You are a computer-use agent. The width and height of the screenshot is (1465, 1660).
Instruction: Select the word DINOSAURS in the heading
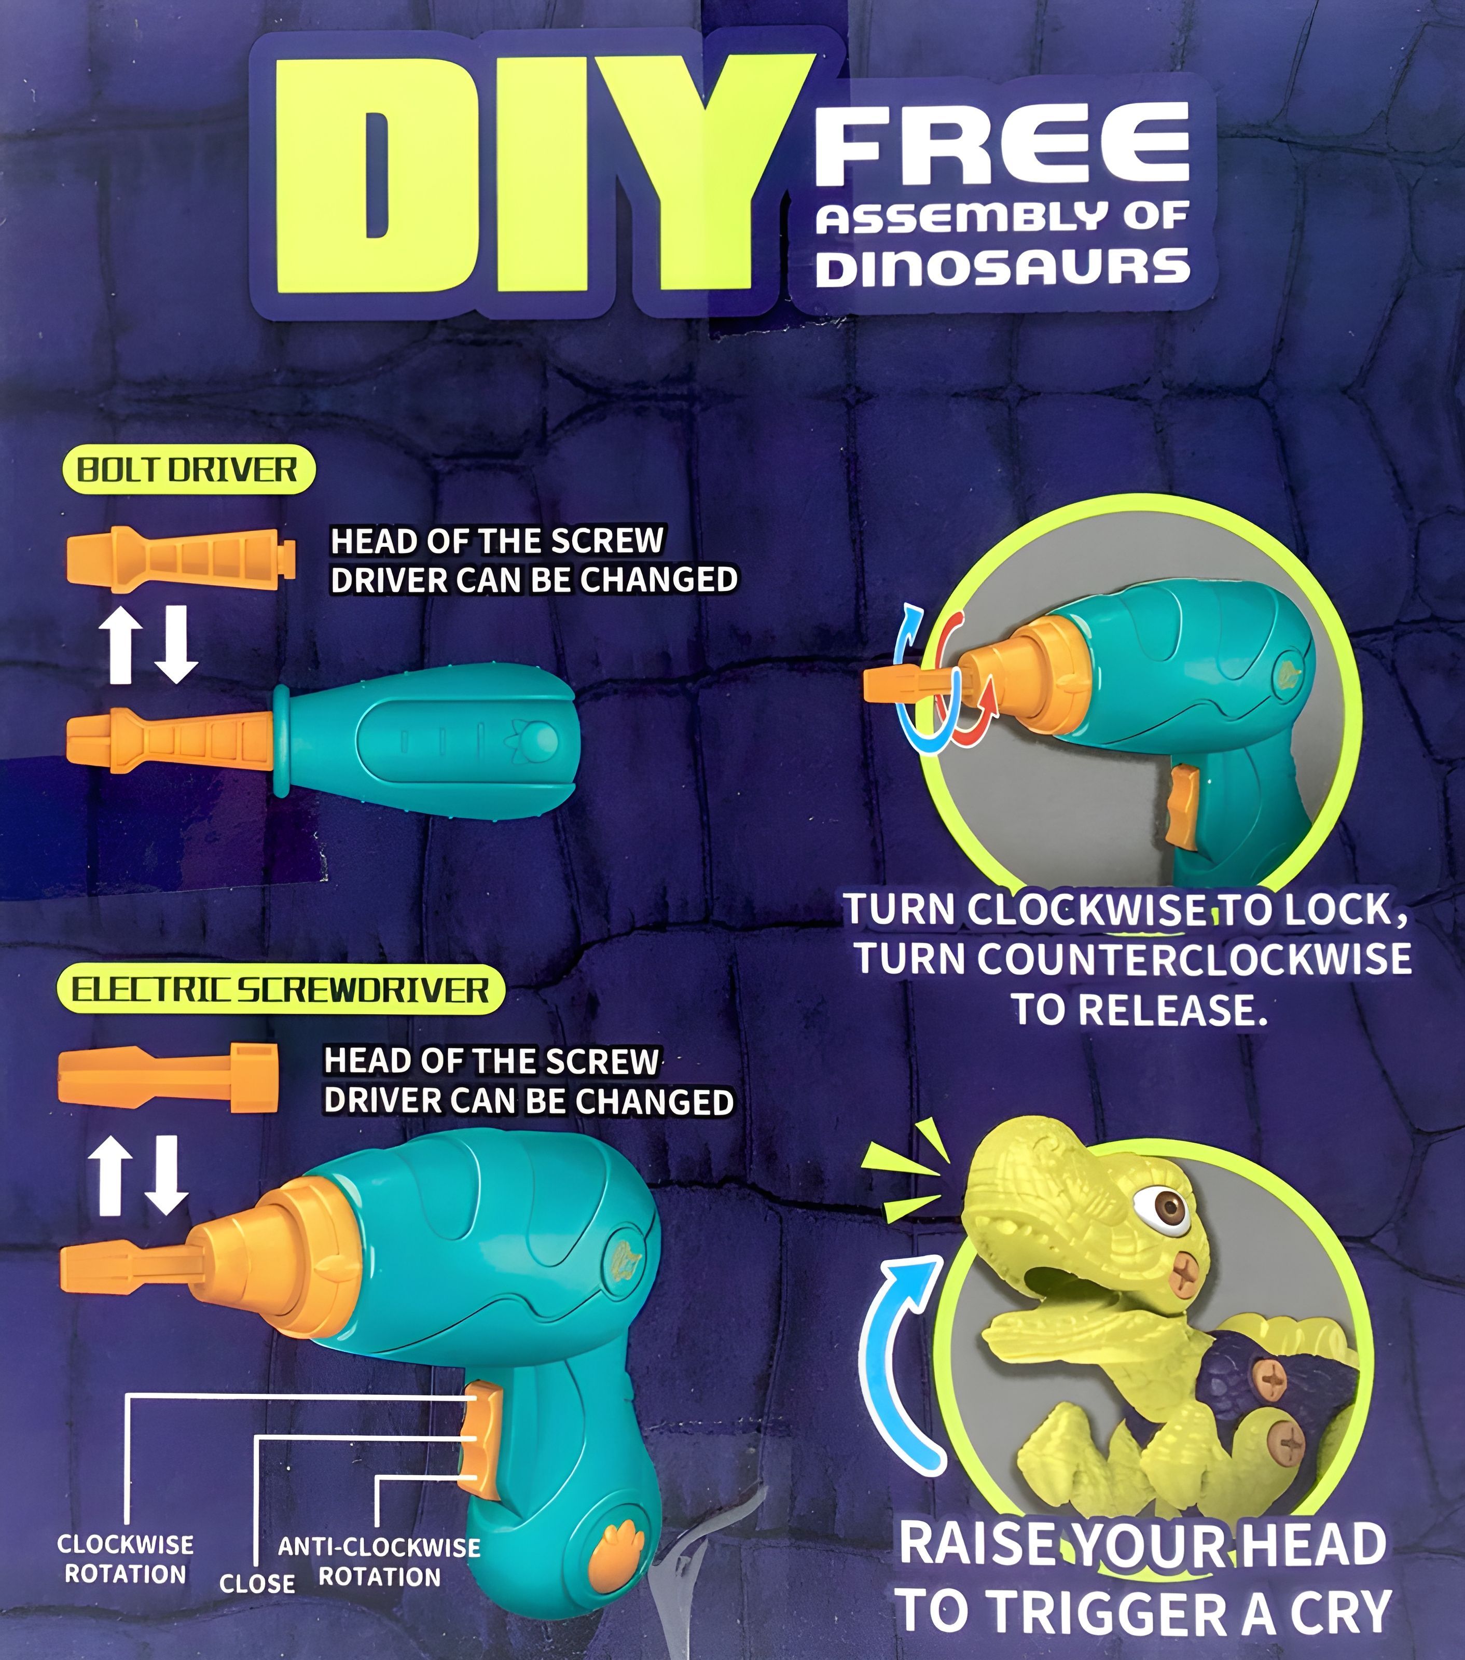click(1002, 267)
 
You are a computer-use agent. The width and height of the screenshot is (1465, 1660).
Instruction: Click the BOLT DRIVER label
click(188, 469)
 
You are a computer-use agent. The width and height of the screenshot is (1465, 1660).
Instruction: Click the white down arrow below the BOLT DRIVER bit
click(175, 644)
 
